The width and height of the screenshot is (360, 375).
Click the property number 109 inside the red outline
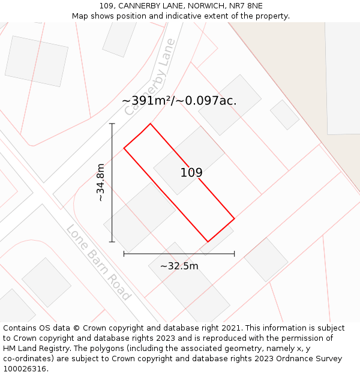191,173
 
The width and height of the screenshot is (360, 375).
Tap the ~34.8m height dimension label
100,182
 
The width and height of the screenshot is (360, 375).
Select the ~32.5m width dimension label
179,266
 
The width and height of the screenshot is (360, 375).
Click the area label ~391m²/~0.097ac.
179,101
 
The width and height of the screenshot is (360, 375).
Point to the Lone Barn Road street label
98,262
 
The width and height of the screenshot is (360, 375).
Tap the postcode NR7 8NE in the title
246,6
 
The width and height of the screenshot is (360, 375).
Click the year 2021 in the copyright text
229,328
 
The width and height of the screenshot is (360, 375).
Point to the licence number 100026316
25,369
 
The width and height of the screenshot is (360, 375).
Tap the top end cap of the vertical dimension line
112,124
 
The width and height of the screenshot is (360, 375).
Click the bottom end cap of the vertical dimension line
112,242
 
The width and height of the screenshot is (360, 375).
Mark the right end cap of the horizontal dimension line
235,254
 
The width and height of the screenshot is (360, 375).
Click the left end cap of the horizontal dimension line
124,254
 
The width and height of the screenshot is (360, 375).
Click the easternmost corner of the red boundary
234,218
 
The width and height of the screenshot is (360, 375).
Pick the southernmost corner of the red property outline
208,242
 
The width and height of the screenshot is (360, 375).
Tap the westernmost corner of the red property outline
124,148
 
